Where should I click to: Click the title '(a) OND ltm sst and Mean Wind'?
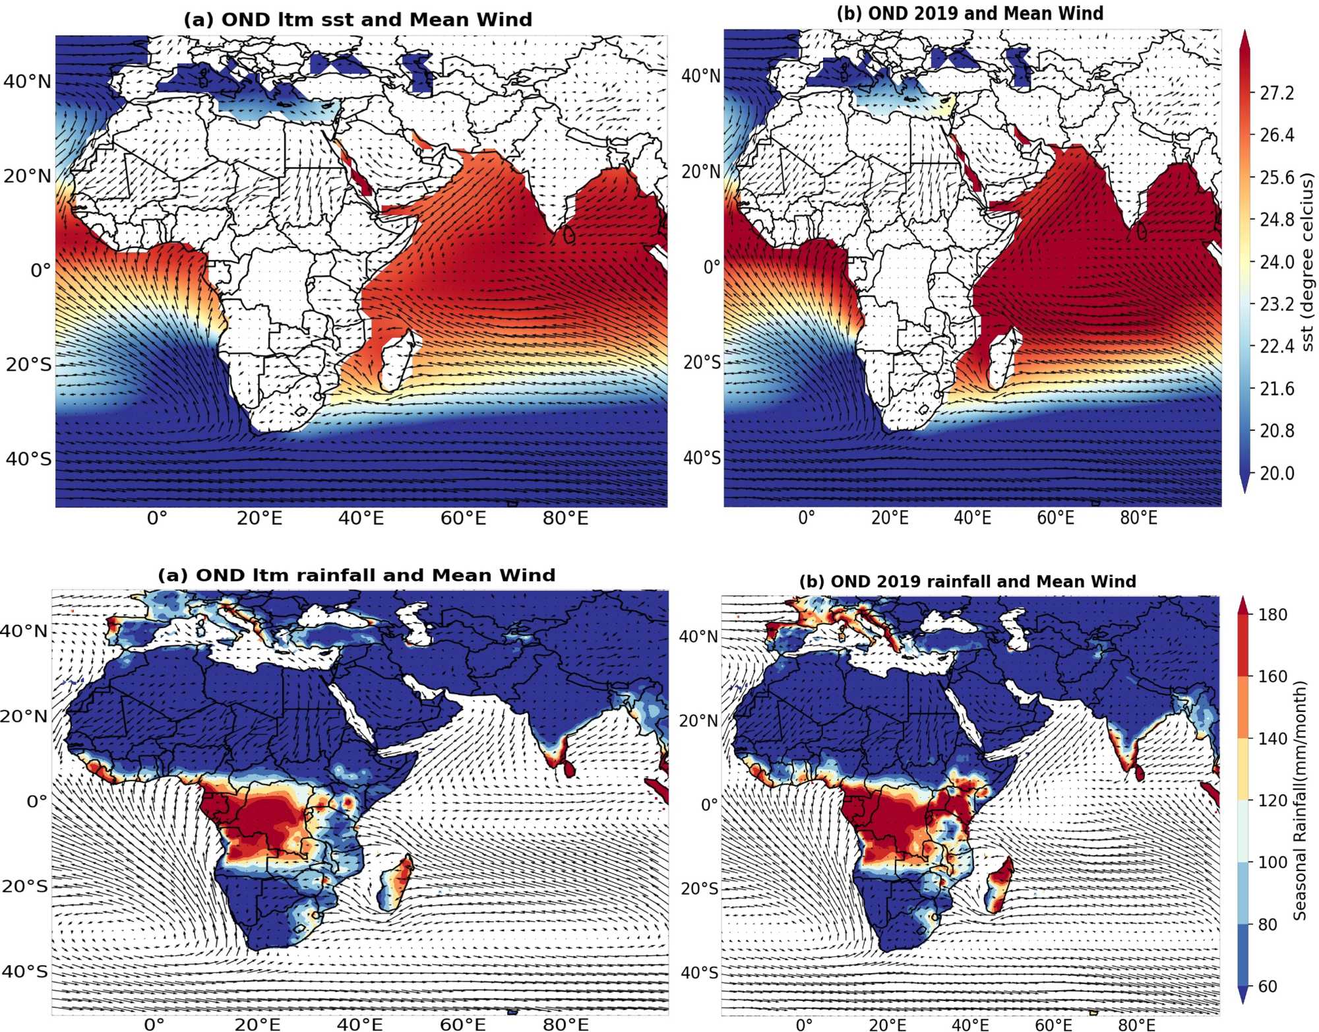pyautogui.click(x=357, y=20)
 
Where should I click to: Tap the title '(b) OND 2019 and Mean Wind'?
pyautogui.click(x=969, y=14)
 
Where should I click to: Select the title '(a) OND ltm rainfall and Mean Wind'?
pyautogui.click(x=356, y=575)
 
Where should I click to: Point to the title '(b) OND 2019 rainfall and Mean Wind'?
pyautogui.click(x=967, y=581)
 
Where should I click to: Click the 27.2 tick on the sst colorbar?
pyautogui.click(x=1277, y=93)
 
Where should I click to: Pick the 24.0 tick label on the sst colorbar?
pyautogui.click(x=1277, y=262)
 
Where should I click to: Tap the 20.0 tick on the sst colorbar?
pyautogui.click(x=1277, y=473)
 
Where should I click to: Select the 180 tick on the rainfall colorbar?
pyautogui.click(x=1272, y=614)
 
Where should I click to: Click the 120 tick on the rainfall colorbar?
pyautogui.click(x=1272, y=800)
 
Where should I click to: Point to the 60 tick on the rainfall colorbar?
pyautogui.click(x=1268, y=986)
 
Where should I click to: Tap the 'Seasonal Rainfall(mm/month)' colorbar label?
pyautogui.click(x=1299, y=800)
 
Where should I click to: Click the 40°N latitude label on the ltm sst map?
pyautogui.click(x=27, y=82)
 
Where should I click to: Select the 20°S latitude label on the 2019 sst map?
pyautogui.click(x=701, y=362)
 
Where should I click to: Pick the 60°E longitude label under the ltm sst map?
pyautogui.click(x=463, y=519)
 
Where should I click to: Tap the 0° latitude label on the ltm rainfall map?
pyautogui.click(x=37, y=801)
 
